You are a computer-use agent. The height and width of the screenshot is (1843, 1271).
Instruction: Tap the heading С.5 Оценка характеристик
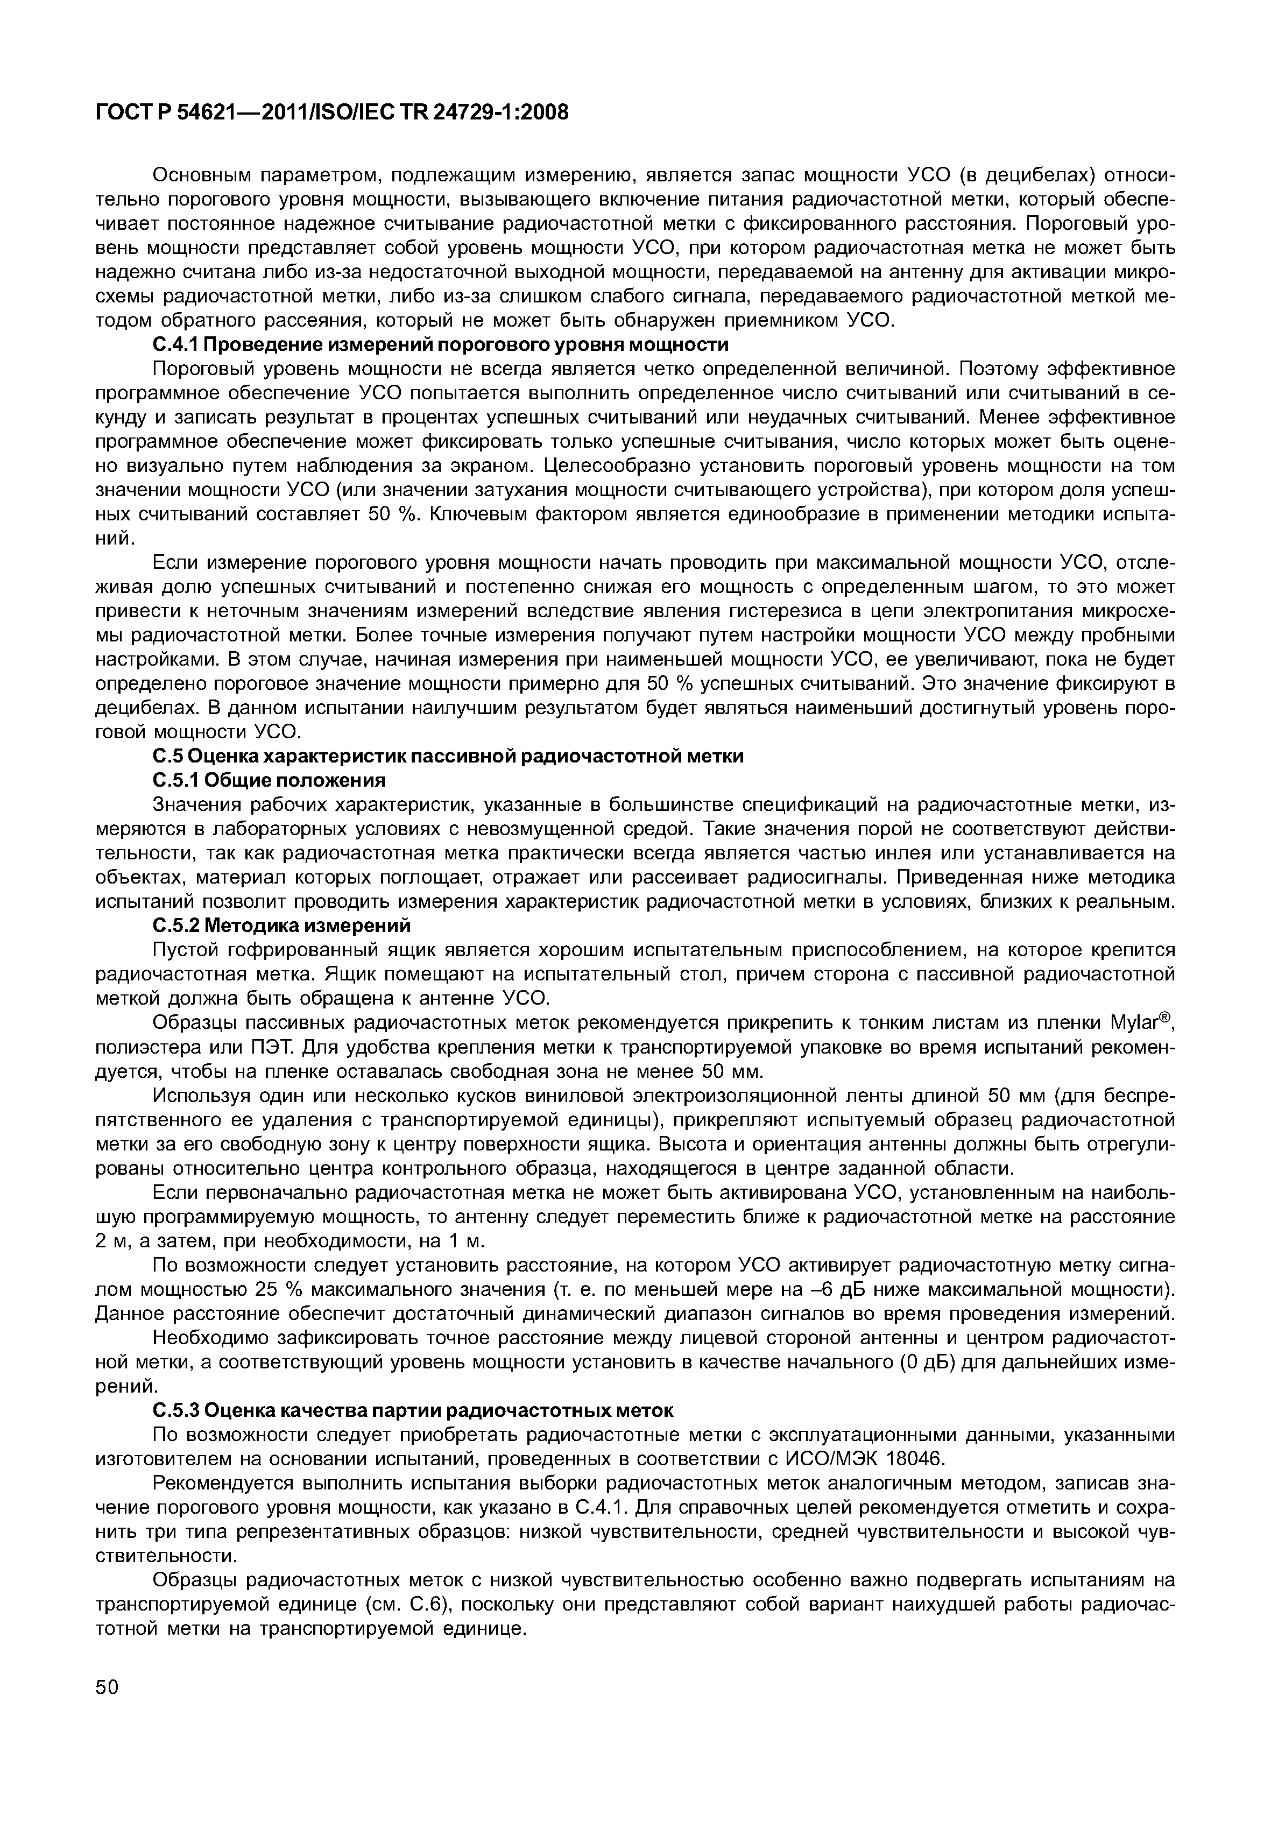click(x=448, y=756)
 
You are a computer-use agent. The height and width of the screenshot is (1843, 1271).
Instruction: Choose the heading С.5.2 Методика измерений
click(x=282, y=926)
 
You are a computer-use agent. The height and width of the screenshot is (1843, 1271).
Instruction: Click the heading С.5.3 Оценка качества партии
click(x=413, y=1410)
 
